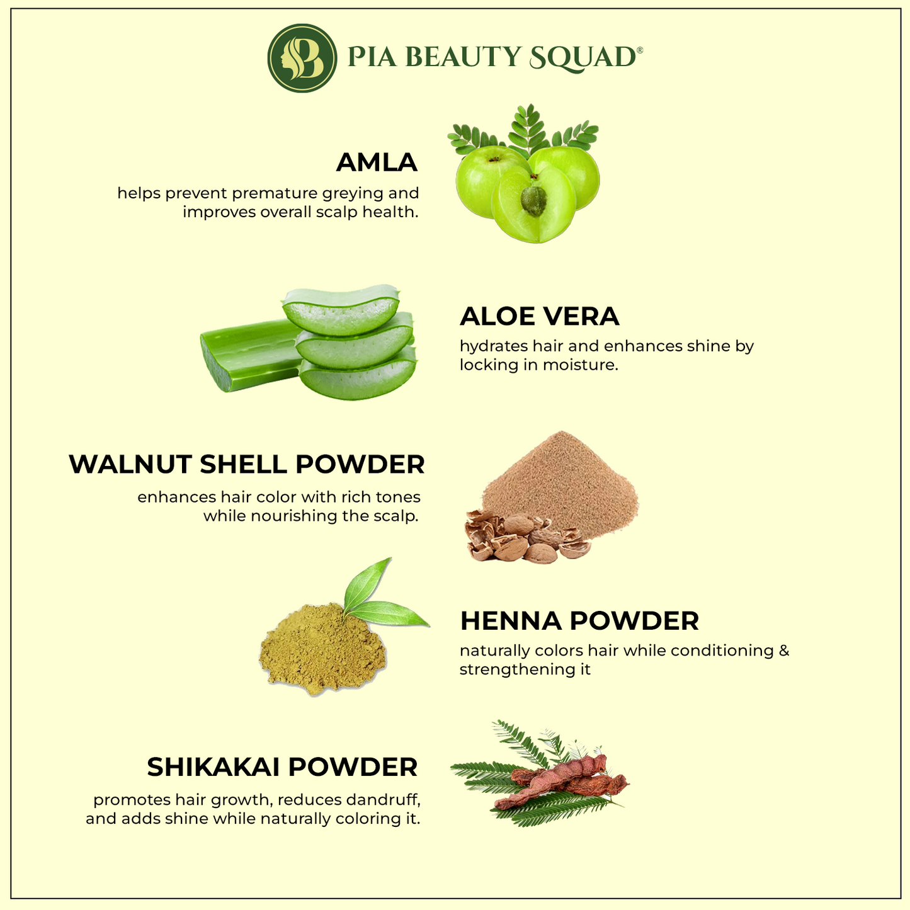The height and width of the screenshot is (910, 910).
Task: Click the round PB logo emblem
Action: (x=302, y=58)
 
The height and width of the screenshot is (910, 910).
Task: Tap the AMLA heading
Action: (x=377, y=162)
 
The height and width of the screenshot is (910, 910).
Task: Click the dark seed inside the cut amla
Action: (x=533, y=202)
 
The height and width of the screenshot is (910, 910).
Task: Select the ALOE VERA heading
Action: (x=539, y=316)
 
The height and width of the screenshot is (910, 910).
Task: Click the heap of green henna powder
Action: (x=323, y=649)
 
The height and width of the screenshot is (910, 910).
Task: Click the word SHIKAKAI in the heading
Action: (x=213, y=767)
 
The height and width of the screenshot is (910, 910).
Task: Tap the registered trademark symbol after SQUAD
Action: (x=639, y=50)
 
